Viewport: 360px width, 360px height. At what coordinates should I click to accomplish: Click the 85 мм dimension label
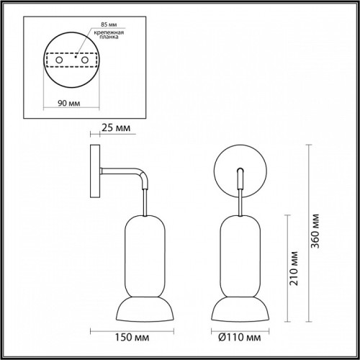click(x=109, y=24)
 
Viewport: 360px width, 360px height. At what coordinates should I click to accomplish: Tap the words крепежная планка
click(x=109, y=35)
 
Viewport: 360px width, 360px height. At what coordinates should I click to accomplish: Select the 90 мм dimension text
click(x=69, y=103)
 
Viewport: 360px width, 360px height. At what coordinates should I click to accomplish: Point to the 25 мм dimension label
click(x=116, y=128)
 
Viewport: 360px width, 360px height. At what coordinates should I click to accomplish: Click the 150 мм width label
click(x=132, y=338)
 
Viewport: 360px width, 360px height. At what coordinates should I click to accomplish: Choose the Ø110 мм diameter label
click(x=240, y=338)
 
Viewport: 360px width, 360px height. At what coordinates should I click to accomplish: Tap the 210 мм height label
click(x=294, y=269)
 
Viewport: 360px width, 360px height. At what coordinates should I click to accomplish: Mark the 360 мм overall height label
click(x=315, y=231)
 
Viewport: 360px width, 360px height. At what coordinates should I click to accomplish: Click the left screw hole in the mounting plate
click(x=59, y=60)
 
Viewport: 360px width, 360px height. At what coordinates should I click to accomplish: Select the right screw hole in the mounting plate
click(x=85, y=60)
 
